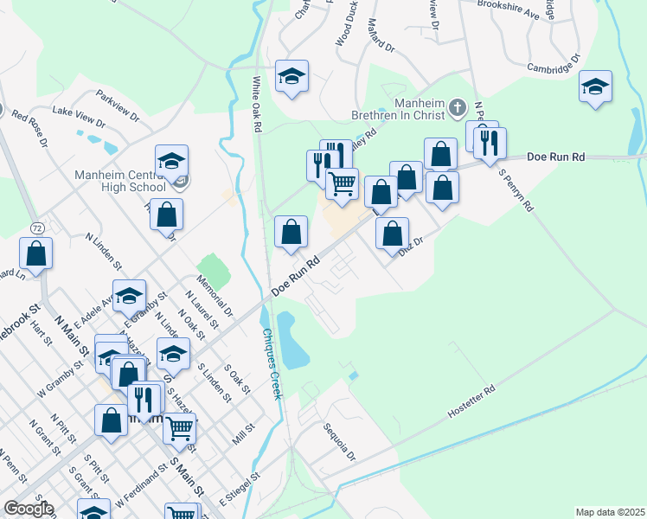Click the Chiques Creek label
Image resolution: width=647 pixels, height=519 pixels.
[x=270, y=363]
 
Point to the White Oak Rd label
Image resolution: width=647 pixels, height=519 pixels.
[x=257, y=104]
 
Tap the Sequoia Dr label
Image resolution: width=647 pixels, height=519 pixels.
[x=339, y=441]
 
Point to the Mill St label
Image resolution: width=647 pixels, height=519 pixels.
[x=244, y=434]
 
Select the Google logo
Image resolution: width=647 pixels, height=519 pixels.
[x=28, y=509]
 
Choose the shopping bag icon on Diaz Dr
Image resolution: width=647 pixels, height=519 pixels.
[x=393, y=233]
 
